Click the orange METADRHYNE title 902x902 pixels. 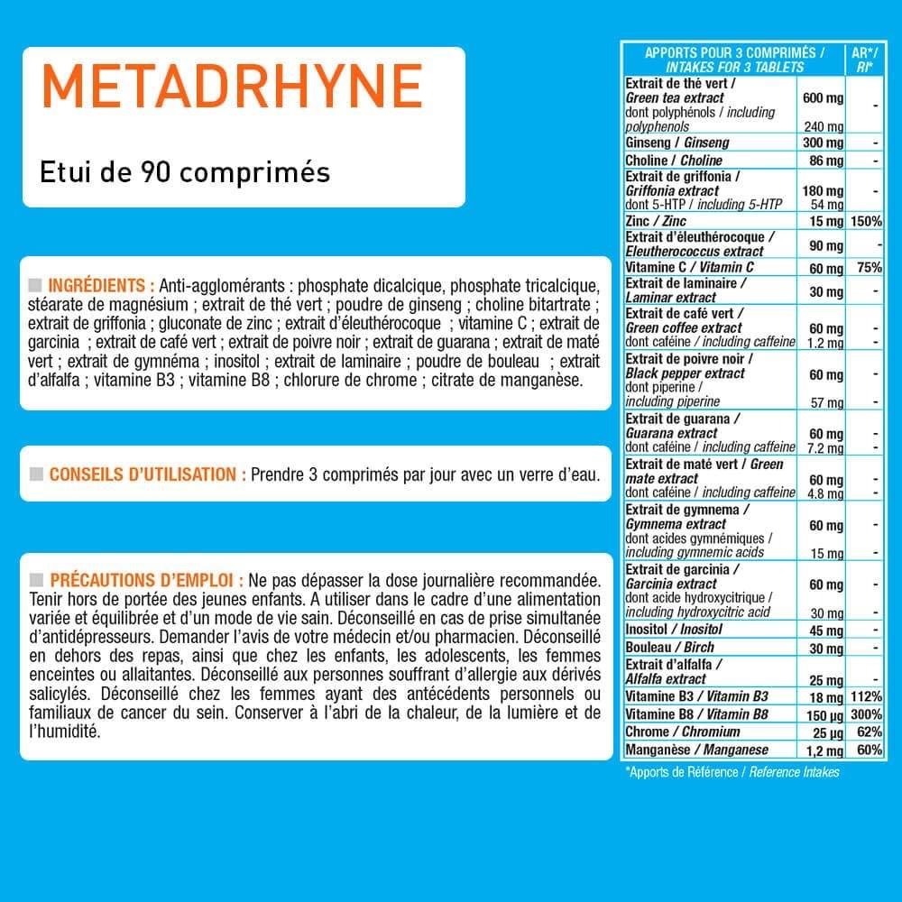(232, 87)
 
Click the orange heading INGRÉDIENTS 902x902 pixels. (101, 281)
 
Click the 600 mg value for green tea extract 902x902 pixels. (822, 98)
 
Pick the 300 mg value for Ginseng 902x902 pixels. (822, 143)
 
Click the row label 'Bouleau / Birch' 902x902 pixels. (669, 647)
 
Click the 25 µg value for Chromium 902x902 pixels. (825, 732)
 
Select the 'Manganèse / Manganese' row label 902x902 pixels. (696, 750)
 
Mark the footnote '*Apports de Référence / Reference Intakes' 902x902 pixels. (732, 772)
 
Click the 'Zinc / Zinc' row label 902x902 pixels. (656, 221)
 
